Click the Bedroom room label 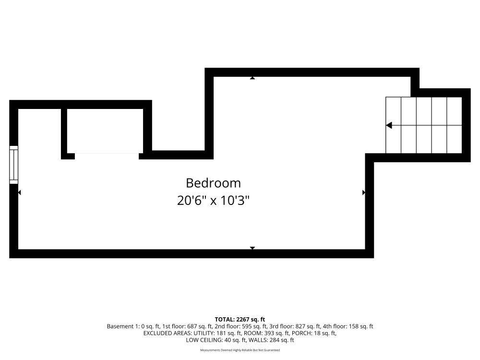click(214, 183)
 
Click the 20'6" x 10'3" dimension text click(214, 201)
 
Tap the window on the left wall click(14, 165)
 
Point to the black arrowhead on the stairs click(389, 125)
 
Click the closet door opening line click(107, 154)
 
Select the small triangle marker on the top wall click(252, 78)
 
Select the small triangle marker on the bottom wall click(252, 248)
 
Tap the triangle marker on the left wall click(20, 192)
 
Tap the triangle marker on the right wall click(364, 192)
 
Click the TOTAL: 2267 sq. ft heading click(240, 320)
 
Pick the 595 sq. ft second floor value click(255, 326)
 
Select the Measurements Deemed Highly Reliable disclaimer click(240, 350)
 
